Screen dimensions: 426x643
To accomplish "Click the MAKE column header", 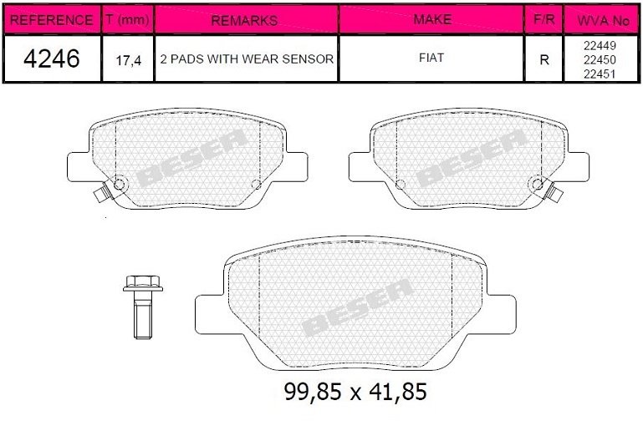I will coord(432,19).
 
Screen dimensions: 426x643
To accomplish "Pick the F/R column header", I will coord(543,19).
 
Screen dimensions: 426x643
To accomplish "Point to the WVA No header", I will coord(600,19).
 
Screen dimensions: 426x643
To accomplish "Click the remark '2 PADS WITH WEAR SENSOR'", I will coord(246,60).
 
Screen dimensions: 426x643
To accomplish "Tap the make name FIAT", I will coord(432,59).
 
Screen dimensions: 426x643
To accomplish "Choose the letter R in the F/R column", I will coord(543,60).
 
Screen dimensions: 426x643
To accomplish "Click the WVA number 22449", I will coord(600,47).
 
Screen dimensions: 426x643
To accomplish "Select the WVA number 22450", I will coord(600,59).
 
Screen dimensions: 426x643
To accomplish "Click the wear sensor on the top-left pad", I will coord(102,195).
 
